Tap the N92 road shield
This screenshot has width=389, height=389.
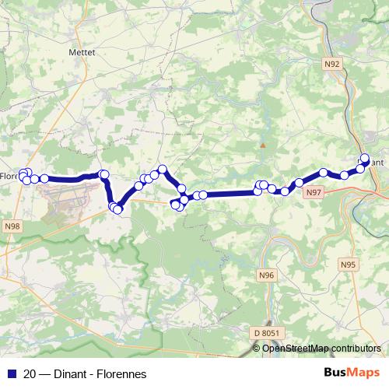332,65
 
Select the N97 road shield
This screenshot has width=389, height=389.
314,192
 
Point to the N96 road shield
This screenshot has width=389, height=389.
267,275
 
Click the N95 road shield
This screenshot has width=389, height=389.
348,265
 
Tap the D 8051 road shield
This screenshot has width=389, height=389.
265,333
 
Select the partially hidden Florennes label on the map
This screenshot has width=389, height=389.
9,176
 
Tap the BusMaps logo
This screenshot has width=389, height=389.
352,373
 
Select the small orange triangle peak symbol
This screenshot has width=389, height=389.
264,145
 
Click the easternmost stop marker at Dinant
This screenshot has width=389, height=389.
365,158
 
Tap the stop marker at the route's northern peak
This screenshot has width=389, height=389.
163,169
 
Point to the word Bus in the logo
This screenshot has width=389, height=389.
338,373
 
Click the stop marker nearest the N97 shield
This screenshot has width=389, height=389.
299,183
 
